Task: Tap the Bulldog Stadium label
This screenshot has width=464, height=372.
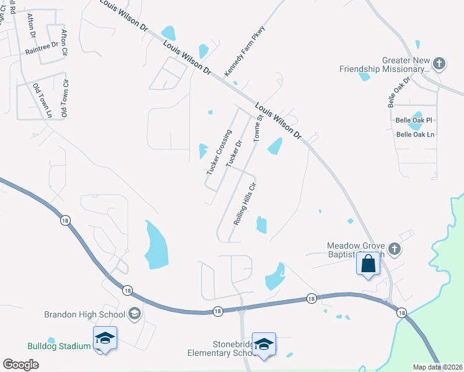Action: [x=59, y=346]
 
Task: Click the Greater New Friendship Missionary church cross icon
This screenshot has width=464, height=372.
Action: [x=439, y=63]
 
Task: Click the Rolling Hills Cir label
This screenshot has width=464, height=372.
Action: [x=244, y=203]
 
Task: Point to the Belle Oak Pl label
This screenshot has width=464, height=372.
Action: [x=413, y=120]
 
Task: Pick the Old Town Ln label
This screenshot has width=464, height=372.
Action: [x=42, y=100]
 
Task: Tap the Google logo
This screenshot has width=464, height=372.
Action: [x=21, y=365]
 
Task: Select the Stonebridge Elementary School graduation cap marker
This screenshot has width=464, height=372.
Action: [x=264, y=345]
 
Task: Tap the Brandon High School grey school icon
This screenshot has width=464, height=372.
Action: [x=134, y=314]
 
